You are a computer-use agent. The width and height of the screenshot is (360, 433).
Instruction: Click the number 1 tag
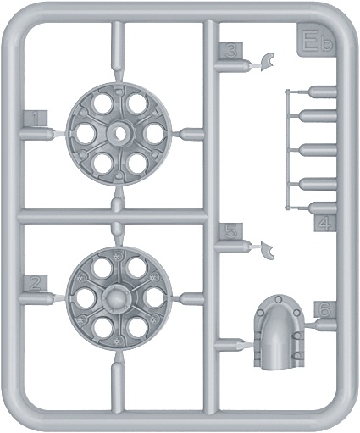click(x=36, y=119)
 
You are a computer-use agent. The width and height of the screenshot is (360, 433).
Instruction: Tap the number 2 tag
click(x=36, y=282)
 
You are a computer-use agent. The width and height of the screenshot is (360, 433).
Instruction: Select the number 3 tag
click(x=231, y=51)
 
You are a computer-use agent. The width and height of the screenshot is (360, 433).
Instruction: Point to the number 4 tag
click(x=325, y=223)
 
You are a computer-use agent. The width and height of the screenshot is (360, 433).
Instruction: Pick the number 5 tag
click(x=231, y=231)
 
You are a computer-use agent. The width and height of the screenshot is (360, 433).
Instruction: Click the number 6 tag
click(x=325, y=309)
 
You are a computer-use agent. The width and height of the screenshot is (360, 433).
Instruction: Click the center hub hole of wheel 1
click(x=119, y=132)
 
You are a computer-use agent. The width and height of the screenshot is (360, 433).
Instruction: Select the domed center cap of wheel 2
click(x=116, y=297)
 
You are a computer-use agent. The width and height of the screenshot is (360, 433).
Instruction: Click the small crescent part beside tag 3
click(x=266, y=62)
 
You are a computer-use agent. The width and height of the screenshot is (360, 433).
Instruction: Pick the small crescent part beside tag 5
click(x=267, y=250)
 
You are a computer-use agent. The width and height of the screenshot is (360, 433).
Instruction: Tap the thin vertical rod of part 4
click(x=287, y=150)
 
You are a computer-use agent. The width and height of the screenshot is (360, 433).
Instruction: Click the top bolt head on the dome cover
click(x=279, y=299)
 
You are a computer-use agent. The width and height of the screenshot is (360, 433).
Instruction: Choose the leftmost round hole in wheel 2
click(x=85, y=297)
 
